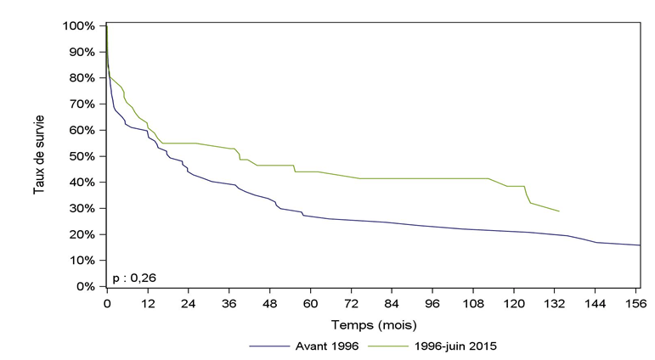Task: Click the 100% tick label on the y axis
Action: [x=77, y=25]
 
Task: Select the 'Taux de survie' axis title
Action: [x=40, y=156]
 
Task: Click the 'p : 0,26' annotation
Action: [x=134, y=277]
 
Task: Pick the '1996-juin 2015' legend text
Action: [x=456, y=346]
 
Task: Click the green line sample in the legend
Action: [x=391, y=346]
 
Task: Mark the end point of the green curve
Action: [x=559, y=211]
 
